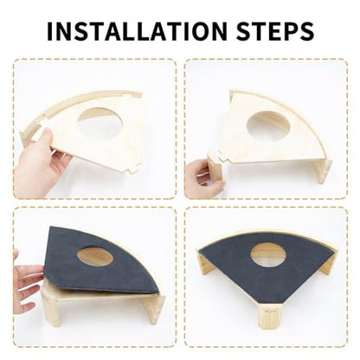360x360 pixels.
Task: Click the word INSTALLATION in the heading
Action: tap(137, 31)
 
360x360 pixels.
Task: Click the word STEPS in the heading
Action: tap(275, 31)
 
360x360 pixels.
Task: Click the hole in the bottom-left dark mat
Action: tap(95, 256)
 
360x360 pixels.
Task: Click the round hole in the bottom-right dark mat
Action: tap(268, 255)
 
